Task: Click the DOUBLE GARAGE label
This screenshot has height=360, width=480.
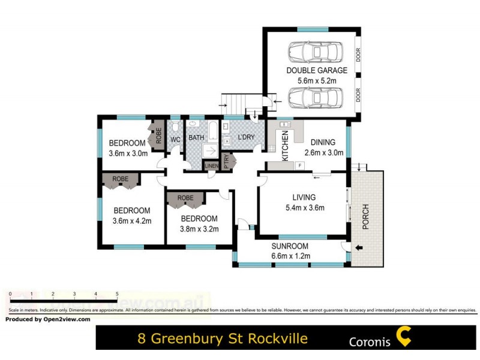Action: pyautogui.click(x=316, y=70)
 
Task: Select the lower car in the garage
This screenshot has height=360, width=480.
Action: pyautogui.click(x=314, y=97)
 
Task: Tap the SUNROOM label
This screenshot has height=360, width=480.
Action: pyautogui.click(x=289, y=246)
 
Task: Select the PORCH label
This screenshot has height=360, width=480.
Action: pyautogui.click(x=365, y=217)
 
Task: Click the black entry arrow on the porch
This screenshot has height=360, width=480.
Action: pyautogui.click(x=359, y=247)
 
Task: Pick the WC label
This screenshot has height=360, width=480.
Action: pyautogui.click(x=176, y=140)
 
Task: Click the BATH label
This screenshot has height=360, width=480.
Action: pyautogui.click(x=196, y=138)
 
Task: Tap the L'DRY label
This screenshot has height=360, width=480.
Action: pyautogui.click(x=247, y=138)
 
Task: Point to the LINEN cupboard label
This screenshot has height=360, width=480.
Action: pyautogui.click(x=212, y=166)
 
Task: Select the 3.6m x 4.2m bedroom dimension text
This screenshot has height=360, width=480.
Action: pyautogui.click(x=131, y=221)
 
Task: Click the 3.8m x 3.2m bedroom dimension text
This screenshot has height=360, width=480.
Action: pyautogui.click(x=199, y=229)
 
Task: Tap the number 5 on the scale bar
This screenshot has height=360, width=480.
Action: pyautogui.click(x=116, y=294)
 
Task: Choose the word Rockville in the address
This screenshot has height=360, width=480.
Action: pyautogui.click(x=275, y=339)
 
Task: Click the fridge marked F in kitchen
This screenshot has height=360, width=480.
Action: pyautogui.click(x=299, y=165)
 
